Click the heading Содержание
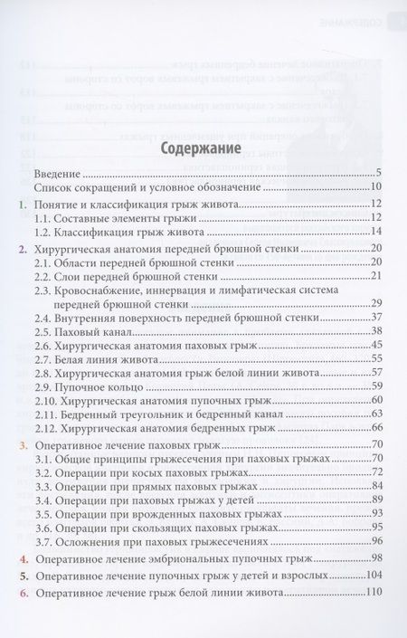(x=200, y=147)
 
